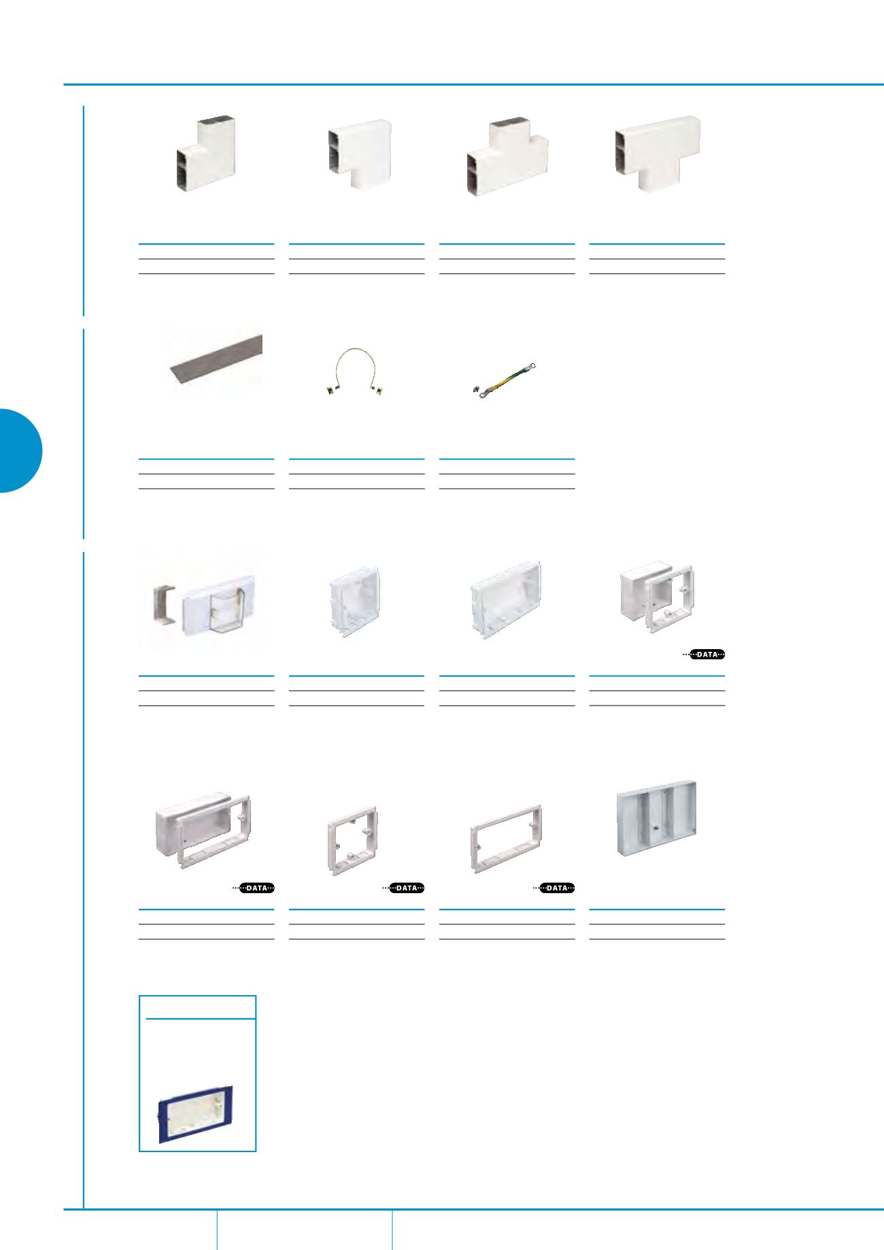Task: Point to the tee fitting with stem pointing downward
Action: (657, 154)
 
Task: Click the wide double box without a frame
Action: (506, 599)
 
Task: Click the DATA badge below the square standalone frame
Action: (406, 888)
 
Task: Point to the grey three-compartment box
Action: (657, 818)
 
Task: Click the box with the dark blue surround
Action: (197, 1114)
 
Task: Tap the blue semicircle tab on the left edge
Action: (20, 450)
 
